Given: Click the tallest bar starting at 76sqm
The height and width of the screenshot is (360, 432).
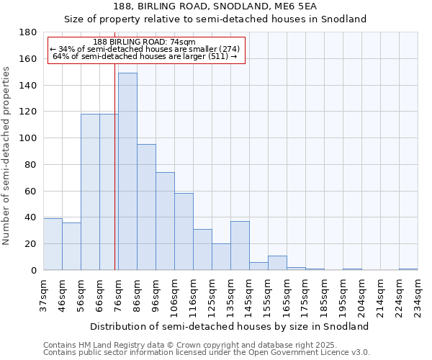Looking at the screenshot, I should pos(127,171).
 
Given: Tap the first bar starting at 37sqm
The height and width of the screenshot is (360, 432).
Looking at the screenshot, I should pos(53,244).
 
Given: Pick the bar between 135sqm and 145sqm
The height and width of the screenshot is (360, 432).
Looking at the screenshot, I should pos(240,246).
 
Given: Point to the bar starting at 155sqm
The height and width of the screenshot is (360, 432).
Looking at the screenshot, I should pos(277,263).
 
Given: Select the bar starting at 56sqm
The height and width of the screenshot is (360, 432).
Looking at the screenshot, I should pos(90,192).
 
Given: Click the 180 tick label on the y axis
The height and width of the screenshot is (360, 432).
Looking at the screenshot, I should pos(29,32).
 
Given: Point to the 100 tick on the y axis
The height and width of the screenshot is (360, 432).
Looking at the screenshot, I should pos(29,138).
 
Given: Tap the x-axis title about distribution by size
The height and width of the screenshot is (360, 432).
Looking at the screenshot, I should pos(230,326).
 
